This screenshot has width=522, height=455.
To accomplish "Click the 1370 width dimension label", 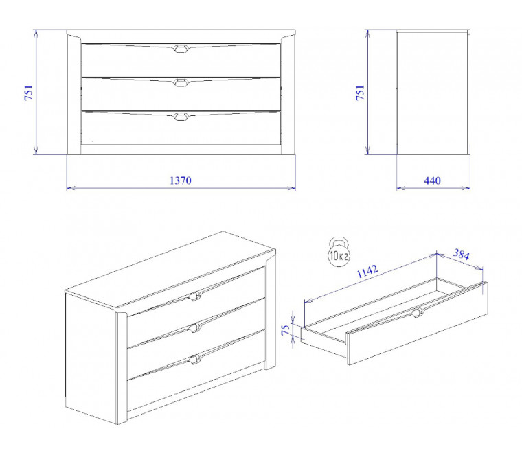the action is coord(181,180).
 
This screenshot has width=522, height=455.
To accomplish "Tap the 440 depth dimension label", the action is coord(432,180).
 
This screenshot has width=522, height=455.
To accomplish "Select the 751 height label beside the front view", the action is coord(29,93).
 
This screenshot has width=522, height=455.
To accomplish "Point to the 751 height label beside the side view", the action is coord(360,93).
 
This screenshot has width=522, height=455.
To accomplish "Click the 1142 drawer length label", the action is coord(367,271).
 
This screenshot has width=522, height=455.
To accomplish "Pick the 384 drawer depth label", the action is coord(461,255).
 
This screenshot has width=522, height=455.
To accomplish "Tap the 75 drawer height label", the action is coord(286,329).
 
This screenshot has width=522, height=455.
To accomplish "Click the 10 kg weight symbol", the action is coord(339,253).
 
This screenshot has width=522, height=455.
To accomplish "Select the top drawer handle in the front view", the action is coord(181,49).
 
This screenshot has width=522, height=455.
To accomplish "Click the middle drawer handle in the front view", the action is coord(181,82).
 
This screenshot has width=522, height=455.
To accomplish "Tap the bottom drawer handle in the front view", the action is coord(181,116).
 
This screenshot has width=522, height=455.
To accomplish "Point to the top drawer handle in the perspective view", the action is coord(195,296).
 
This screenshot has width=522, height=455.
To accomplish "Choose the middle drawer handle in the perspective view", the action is coord(195,327).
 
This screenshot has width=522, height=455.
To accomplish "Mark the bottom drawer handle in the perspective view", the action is coord(195,359).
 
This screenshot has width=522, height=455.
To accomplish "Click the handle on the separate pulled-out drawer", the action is coord(418,312).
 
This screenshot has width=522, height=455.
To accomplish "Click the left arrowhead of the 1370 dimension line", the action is coord(71,188).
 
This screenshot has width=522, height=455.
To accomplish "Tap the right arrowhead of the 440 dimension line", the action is coord(466,188).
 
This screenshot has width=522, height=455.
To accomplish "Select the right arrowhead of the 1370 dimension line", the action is coord(292,188).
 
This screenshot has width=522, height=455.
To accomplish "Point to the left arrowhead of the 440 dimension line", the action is coord(401,188).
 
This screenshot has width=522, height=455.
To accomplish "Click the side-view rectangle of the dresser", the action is coord(433,93).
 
